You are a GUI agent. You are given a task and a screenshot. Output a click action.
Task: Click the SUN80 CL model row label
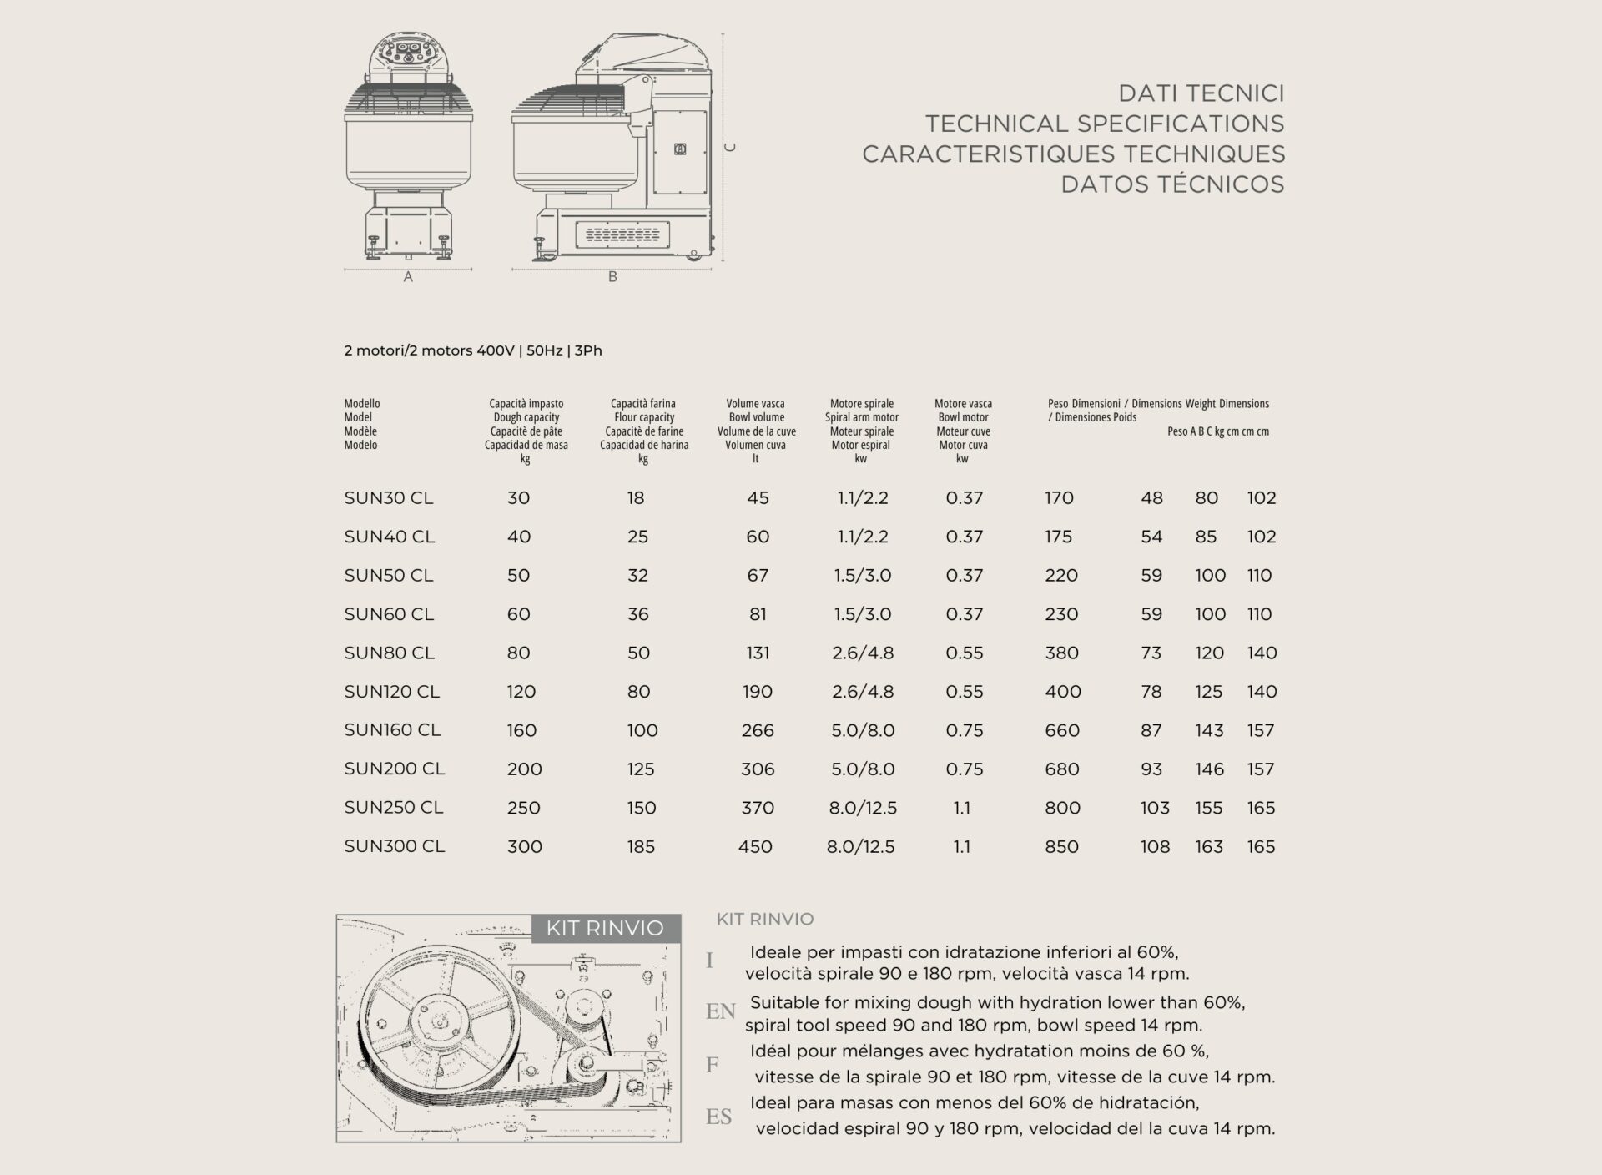pos(389,653)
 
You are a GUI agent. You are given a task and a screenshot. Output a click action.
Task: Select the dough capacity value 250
pos(523,808)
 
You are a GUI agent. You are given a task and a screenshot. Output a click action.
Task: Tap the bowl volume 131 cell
pos(758,653)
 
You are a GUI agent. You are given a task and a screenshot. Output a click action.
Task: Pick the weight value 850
pos(1061,846)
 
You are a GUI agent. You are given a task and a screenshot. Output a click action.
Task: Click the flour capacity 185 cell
pos(641,846)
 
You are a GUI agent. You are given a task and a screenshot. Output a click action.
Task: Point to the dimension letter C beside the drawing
pos(730,148)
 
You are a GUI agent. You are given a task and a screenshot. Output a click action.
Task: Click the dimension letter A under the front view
pos(408,277)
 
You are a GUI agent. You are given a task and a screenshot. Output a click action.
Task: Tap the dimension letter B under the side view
pos(612,277)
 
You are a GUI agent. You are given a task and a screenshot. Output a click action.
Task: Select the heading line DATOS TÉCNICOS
pos(1172,184)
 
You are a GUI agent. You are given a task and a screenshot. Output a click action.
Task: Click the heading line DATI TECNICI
pos(1201,93)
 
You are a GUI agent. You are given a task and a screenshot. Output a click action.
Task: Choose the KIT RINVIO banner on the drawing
pos(605,928)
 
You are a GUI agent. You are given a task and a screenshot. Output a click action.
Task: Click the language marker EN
pos(720,1011)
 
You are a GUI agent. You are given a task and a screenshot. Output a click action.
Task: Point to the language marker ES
pos(718,1117)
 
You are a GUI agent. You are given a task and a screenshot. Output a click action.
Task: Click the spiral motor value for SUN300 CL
pos(860,846)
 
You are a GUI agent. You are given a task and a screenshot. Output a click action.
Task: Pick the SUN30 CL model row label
pos(388,498)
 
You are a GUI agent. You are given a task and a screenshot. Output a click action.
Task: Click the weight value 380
pos(1061,653)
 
